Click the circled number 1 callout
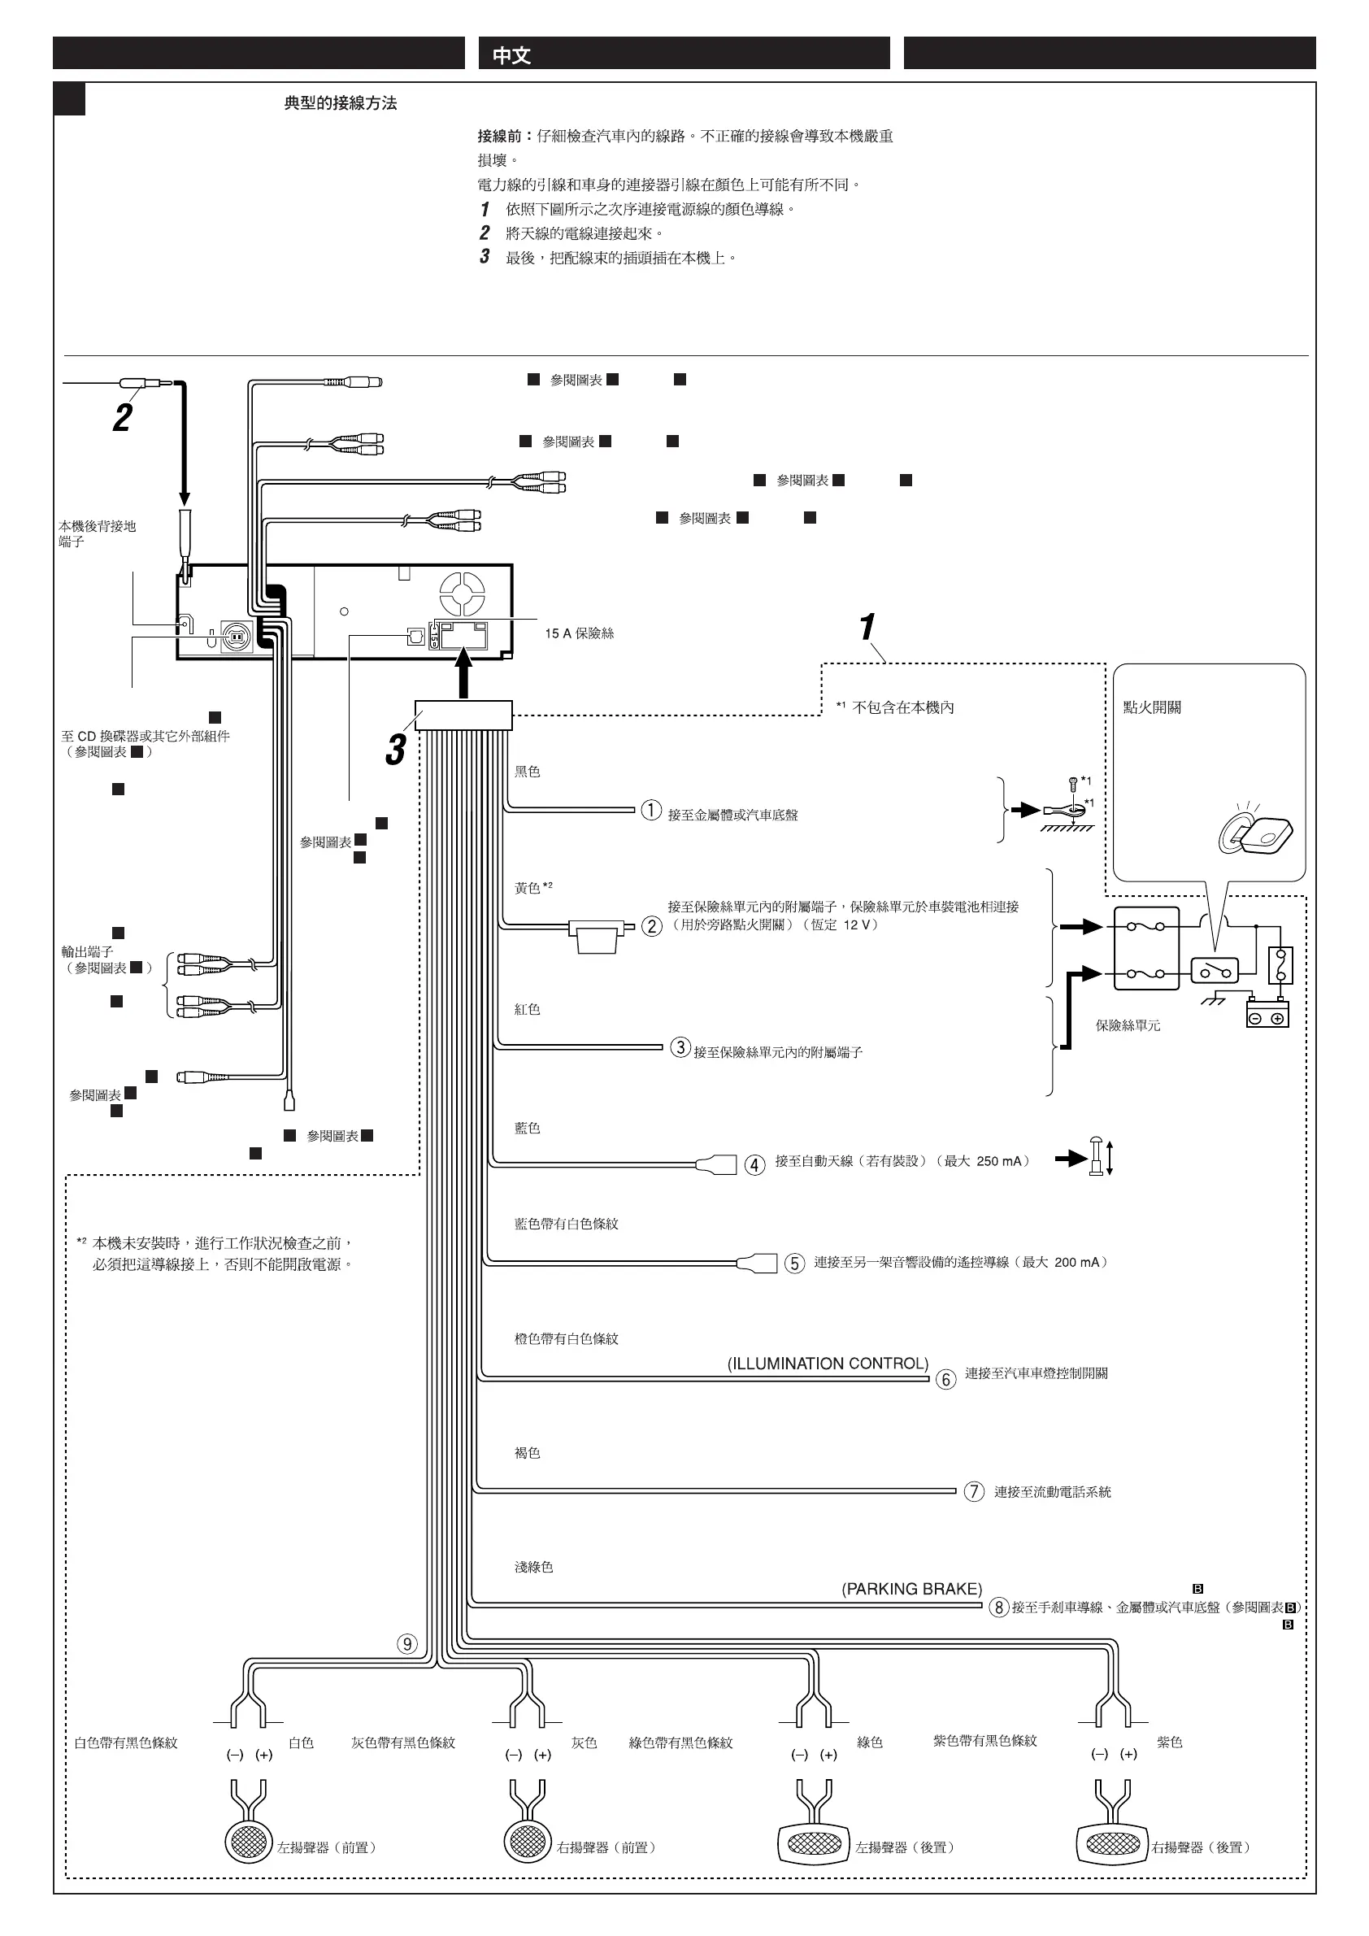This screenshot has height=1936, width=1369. point(651,811)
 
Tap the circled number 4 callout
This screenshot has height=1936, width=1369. point(754,1165)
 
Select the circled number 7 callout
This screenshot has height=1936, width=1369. point(974,1490)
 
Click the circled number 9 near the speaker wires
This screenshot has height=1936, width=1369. point(407,1643)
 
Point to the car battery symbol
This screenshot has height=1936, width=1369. point(1267,1012)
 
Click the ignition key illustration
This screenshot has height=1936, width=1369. point(1256,834)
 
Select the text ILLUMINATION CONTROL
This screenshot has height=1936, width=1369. point(827,1364)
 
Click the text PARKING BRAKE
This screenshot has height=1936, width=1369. point(911,1589)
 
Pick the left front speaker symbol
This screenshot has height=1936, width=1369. point(249,1842)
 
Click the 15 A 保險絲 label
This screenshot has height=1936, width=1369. point(579,633)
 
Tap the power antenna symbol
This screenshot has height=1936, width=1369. point(1097,1157)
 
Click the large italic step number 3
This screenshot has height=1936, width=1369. point(395,750)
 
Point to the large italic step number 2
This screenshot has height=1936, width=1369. point(123,418)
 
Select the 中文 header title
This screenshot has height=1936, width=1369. point(511,55)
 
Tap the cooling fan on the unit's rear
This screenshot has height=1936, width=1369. point(462,594)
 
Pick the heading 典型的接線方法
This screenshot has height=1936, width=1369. point(340,103)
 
